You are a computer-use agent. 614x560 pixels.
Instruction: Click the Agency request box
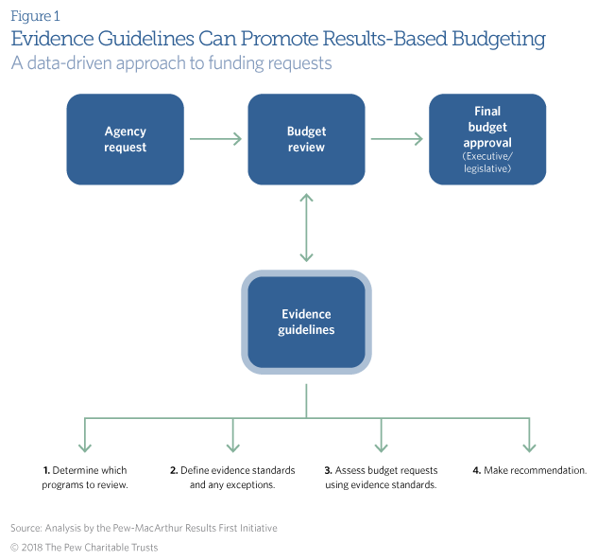pyautogui.click(x=126, y=139)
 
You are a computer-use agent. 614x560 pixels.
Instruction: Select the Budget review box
pyautogui.click(x=306, y=139)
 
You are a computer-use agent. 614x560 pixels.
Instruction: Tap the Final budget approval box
pyautogui.click(x=487, y=139)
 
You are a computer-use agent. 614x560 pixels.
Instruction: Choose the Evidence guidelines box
pyautogui.click(x=306, y=322)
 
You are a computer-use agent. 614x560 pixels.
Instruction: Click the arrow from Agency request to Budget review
pyautogui.click(x=215, y=139)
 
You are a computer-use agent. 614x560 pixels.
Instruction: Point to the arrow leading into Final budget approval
pyautogui.click(x=397, y=139)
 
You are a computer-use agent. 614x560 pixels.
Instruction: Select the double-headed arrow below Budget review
pyautogui.click(x=306, y=227)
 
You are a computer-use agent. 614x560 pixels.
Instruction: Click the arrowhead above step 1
pyautogui.click(x=85, y=447)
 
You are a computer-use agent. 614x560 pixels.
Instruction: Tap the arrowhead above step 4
pyautogui.click(x=529, y=447)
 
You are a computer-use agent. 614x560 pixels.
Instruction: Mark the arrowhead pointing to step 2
pyautogui.click(x=233, y=447)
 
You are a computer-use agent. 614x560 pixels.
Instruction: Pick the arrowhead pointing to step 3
pyautogui.click(x=381, y=447)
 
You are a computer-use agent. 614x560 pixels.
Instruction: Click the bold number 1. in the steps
pyautogui.click(x=46, y=470)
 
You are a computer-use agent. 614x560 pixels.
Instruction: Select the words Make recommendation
pyautogui.click(x=536, y=470)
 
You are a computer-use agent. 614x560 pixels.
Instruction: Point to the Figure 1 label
pyautogui.click(x=35, y=16)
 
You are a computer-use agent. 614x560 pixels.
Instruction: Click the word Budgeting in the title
pyautogui.click(x=499, y=39)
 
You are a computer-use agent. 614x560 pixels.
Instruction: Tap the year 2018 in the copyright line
pyautogui.click(x=32, y=547)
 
